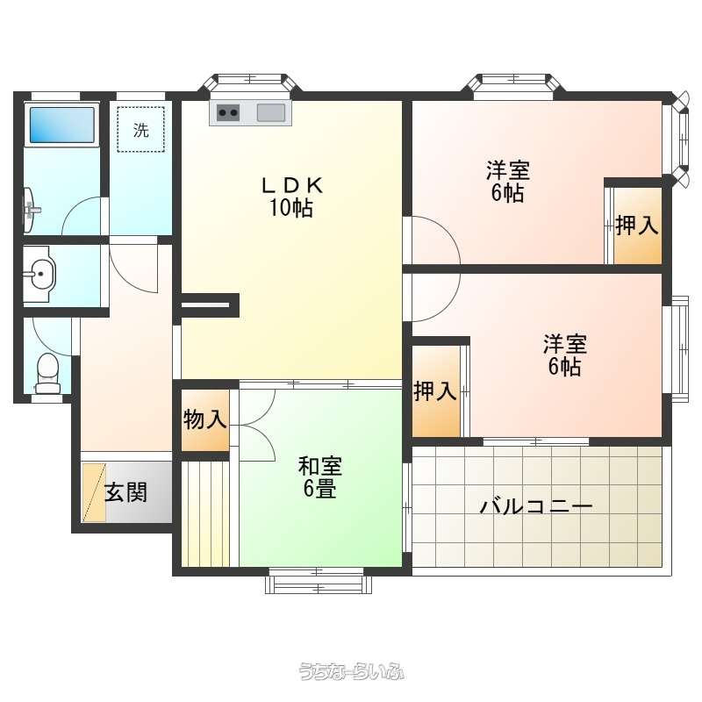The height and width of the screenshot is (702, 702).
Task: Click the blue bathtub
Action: pyautogui.click(x=62, y=124)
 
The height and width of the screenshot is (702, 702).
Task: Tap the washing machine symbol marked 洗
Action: pyautogui.click(x=140, y=130)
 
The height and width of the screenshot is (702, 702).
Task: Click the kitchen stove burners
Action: pyautogui.click(x=228, y=112)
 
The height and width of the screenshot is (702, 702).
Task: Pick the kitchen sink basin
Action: pyautogui.click(x=271, y=112)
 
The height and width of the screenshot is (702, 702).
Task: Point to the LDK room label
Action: pyautogui.click(x=291, y=185)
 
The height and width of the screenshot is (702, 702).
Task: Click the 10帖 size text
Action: pyautogui.click(x=291, y=207)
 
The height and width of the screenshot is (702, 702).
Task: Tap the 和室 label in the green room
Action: pyautogui.click(x=320, y=466)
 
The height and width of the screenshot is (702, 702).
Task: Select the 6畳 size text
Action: pyautogui.click(x=319, y=488)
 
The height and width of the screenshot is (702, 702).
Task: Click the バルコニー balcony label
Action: pyautogui.click(x=536, y=507)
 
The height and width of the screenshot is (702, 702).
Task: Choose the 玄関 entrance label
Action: pyautogui.click(x=125, y=492)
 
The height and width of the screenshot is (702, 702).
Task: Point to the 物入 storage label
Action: pyautogui.click(x=204, y=419)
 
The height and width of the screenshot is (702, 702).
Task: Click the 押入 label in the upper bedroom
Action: pyautogui.click(x=637, y=225)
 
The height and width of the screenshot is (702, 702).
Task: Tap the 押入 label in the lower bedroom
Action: pyautogui.click(x=435, y=390)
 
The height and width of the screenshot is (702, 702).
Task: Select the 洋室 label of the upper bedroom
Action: pyautogui.click(x=508, y=170)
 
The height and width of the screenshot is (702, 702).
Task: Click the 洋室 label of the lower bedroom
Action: pyautogui.click(x=565, y=344)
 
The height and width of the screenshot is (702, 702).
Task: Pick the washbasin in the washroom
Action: pyautogui.click(x=39, y=274)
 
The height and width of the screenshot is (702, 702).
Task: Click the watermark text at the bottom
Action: pyautogui.click(x=351, y=671)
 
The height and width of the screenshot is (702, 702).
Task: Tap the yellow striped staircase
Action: pyautogui.click(x=205, y=513)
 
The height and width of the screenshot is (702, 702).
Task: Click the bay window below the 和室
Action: pyautogui.click(x=319, y=581)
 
